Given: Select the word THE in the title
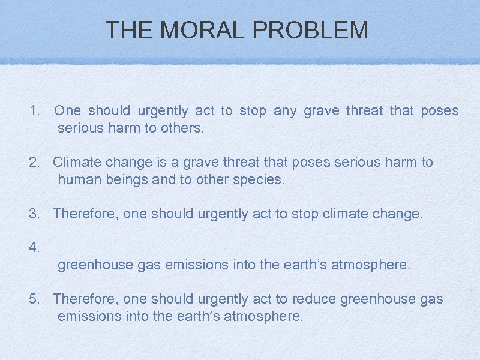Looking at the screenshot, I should pyautogui.click(x=128, y=30).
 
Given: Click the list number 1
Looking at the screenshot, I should pyautogui.click(x=34, y=111).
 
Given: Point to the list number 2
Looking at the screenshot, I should pyautogui.click(x=34, y=162).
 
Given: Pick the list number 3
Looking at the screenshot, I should pyautogui.click(x=34, y=214).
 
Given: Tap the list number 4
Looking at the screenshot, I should pyautogui.click(x=34, y=247).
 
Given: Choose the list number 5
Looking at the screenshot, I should pyautogui.click(x=34, y=299).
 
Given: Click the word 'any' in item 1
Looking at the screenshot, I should pyautogui.click(x=285, y=111).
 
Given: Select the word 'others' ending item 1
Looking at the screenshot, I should pyautogui.click(x=182, y=128).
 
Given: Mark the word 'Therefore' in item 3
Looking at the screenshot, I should pyautogui.click(x=86, y=214).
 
